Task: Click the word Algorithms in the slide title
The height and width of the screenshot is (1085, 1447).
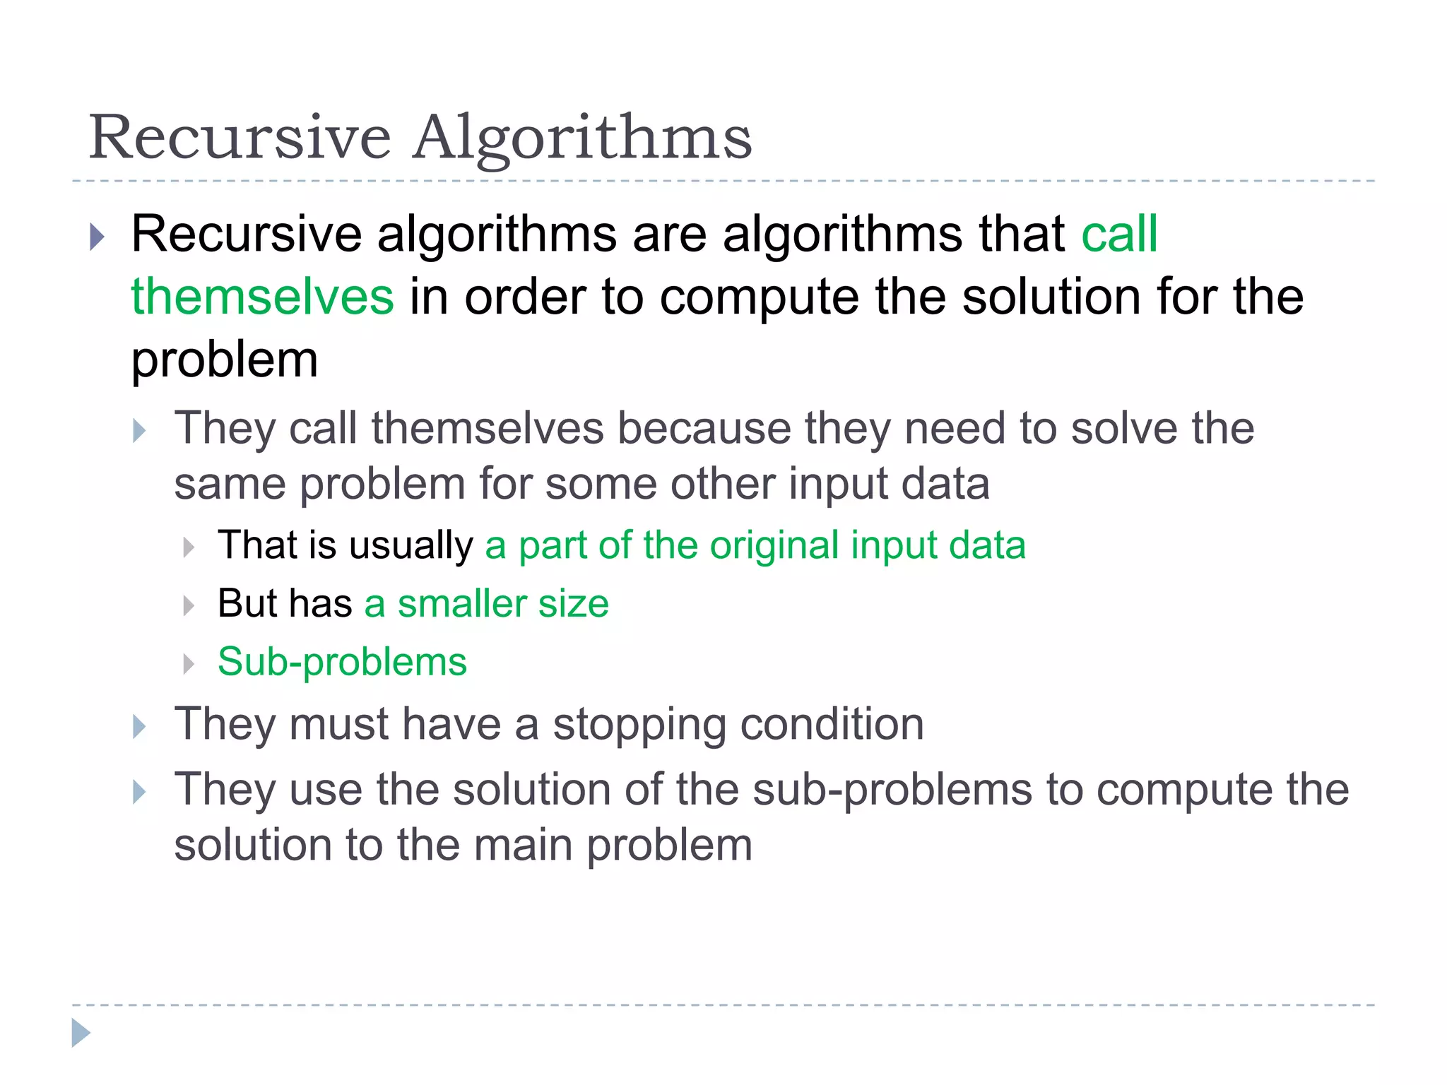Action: (583, 138)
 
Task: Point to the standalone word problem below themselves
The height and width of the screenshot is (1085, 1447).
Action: (225, 360)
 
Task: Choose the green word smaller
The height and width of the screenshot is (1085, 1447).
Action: (461, 604)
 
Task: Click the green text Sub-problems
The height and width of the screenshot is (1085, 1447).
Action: (342, 662)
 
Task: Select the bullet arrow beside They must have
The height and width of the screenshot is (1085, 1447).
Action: (139, 727)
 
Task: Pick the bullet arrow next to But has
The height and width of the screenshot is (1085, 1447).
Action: (188, 605)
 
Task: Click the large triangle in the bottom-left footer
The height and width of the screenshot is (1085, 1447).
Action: (81, 1033)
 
